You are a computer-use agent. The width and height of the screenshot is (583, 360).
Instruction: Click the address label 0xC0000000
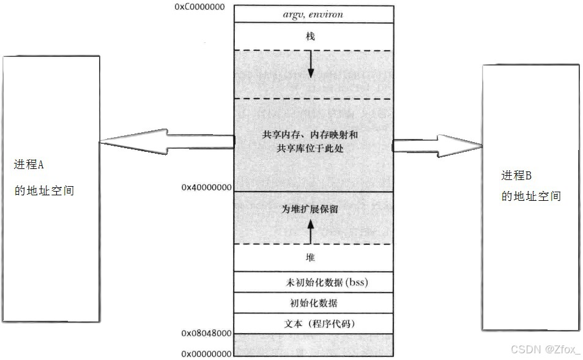(199, 7)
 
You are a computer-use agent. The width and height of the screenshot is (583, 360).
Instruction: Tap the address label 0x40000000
(206, 187)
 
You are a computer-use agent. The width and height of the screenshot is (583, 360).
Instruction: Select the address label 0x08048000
(206, 333)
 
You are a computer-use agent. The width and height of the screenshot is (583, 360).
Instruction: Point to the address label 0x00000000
(206, 353)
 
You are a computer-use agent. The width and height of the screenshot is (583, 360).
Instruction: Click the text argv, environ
(313, 15)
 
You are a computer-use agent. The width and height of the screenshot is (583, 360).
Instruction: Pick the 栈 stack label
(310, 36)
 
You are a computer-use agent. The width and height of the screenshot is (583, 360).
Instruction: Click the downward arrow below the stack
(311, 64)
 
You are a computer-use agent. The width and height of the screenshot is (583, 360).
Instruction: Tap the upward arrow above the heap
(310, 231)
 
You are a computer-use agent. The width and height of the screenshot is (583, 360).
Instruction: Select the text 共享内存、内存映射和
(310, 135)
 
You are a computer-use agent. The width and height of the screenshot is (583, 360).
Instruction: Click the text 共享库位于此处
(310, 148)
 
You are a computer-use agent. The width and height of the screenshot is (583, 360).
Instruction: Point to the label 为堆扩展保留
(310, 209)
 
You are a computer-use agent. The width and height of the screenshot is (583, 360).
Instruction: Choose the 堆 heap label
(310, 257)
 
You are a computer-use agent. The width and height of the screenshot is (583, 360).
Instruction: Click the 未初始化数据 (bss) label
(327, 282)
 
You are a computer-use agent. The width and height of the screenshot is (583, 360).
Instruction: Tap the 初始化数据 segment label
(313, 303)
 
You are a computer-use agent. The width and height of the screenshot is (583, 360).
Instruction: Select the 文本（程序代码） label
(320, 323)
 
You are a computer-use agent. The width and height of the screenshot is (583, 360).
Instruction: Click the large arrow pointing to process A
(167, 141)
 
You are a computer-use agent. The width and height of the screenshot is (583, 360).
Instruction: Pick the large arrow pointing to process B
(437, 146)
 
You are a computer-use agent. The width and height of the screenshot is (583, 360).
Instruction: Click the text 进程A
(29, 164)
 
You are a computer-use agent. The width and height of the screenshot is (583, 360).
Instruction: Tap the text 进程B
(516, 175)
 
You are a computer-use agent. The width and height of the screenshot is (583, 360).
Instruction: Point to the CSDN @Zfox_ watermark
(546, 349)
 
